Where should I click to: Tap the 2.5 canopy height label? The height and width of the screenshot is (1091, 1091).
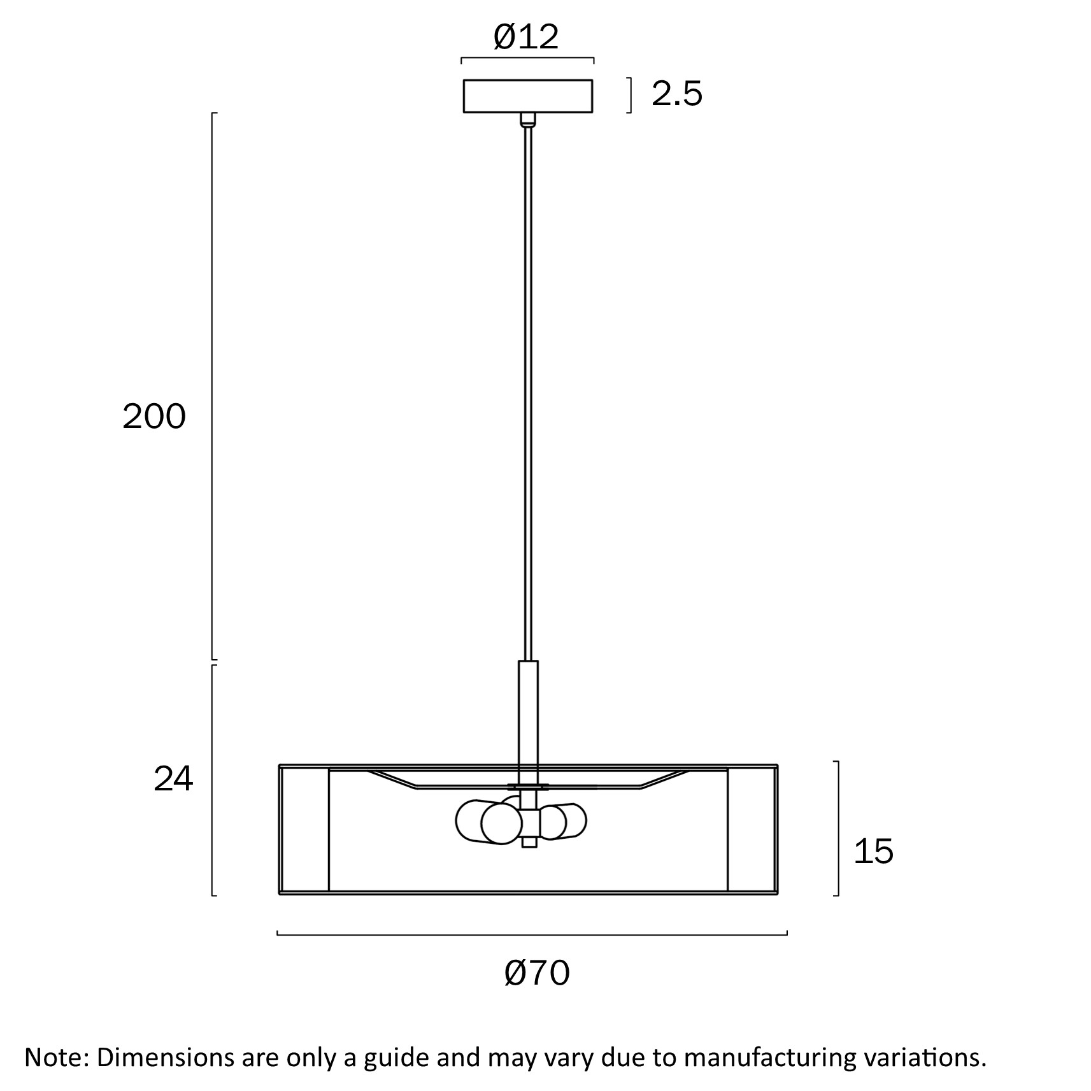coord(676,94)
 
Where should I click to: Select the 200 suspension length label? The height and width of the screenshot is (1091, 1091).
coord(154,417)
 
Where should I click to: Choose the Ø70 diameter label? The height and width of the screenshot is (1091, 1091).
coord(537,973)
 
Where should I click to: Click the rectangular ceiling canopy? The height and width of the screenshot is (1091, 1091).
coord(528,96)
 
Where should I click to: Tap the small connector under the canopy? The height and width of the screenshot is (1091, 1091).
coord(528,120)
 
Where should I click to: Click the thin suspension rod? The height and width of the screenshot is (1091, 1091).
coord(528,394)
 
